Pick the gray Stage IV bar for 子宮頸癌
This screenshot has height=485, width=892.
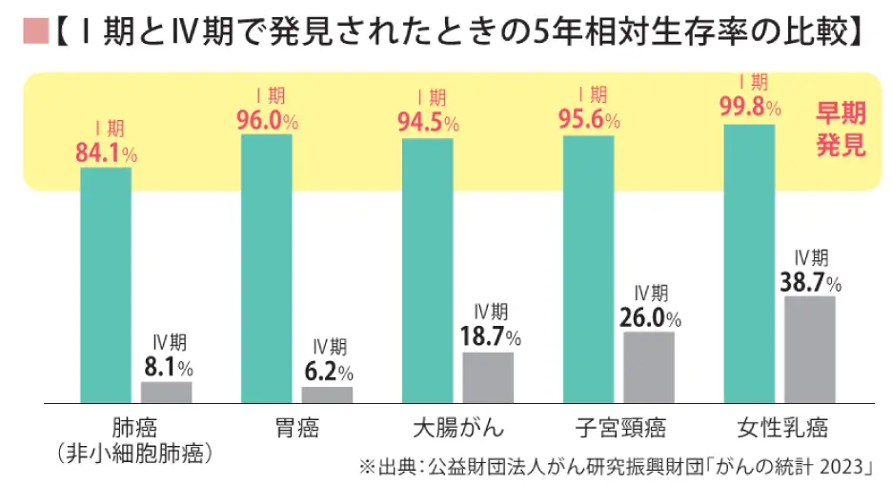tap(649, 368)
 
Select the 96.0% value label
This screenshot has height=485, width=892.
tap(267, 121)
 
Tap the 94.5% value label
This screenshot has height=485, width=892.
tap(428, 123)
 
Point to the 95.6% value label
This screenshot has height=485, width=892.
tap(589, 121)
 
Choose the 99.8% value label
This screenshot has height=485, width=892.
tap(750, 107)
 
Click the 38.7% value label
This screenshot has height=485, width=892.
tap(810, 283)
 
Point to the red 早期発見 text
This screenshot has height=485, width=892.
tap(840, 130)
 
